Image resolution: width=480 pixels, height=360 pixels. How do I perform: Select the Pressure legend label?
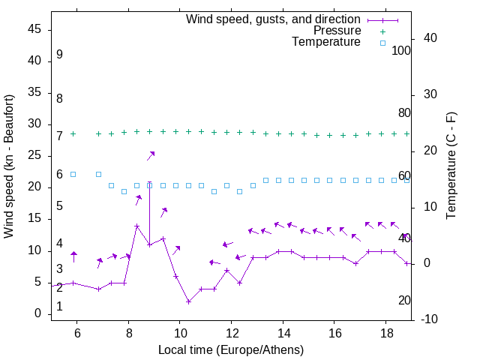tap(337, 31)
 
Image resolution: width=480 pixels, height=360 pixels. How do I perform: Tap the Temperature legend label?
tap(326, 43)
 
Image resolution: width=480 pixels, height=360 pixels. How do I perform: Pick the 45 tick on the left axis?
tap(35, 30)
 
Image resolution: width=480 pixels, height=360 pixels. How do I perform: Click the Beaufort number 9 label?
tap(59, 55)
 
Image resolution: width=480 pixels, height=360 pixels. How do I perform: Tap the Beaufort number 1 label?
tap(59, 307)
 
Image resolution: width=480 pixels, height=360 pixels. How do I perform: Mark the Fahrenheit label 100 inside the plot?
tap(401, 51)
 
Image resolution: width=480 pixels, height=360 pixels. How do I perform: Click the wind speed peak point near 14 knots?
tap(137, 226)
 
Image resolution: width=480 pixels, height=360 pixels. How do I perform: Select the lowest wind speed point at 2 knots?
tap(188, 301)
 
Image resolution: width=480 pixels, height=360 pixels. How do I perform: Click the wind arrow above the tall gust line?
tap(151, 155)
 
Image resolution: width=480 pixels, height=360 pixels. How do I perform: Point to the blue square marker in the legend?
tap(382, 43)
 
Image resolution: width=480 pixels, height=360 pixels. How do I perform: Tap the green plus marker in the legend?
tap(382, 31)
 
